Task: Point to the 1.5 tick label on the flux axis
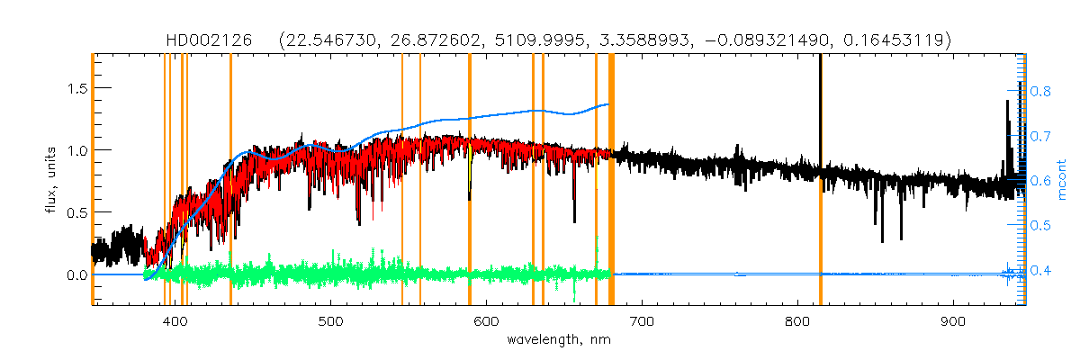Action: point(73,88)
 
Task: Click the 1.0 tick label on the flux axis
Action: point(73,150)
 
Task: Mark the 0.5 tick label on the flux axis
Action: point(73,212)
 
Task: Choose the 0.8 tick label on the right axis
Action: point(1040,91)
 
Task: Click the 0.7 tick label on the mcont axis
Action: point(1040,136)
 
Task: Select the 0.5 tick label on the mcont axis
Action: point(1040,225)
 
